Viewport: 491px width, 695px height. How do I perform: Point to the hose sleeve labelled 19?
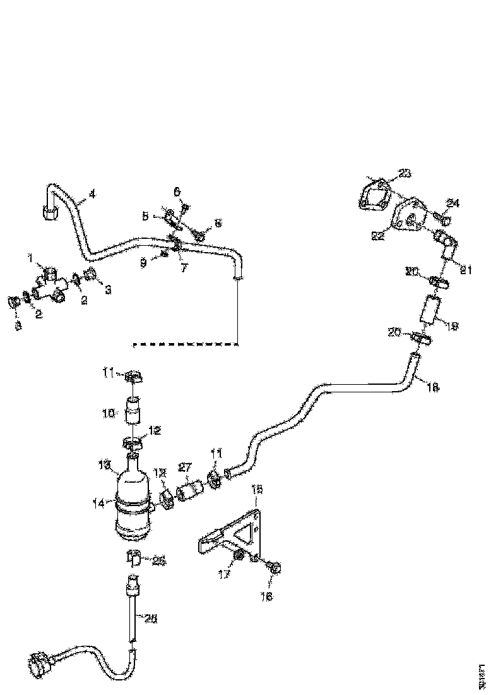(430, 311)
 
